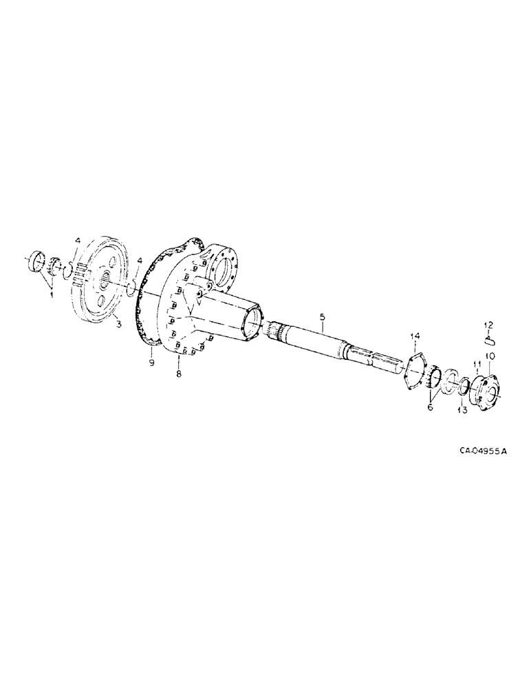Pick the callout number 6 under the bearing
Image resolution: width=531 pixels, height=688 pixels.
coord(431,407)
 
